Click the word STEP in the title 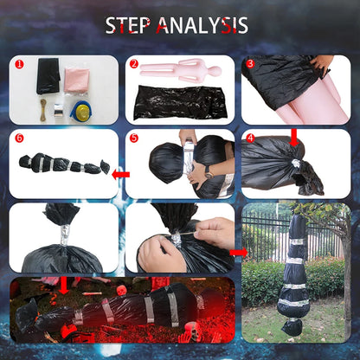[x=128, y=25]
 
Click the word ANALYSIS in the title [x=202, y=25]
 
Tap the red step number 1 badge [x=19, y=64]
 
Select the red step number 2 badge [x=134, y=64]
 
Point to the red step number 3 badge [x=250, y=64]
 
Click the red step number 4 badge [x=250, y=138]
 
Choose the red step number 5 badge [x=134, y=138]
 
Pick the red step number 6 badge [x=19, y=138]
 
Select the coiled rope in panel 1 [x=43, y=110]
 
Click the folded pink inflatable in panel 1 [x=77, y=80]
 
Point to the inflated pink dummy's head [x=215, y=70]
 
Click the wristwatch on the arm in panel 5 [x=209, y=172]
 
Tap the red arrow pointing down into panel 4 [x=294, y=138]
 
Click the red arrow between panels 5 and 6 [x=120, y=174]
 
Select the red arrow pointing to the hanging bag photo [x=239, y=253]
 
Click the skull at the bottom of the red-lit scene [x=192, y=330]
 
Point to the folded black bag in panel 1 [x=48, y=75]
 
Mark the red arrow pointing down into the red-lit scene [x=64, y=286]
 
